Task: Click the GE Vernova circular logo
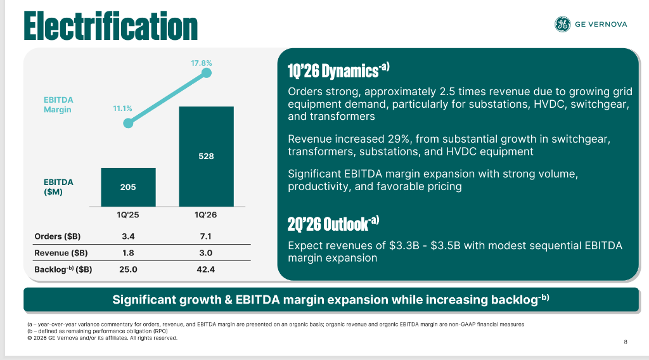562,25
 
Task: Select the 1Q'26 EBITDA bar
206,156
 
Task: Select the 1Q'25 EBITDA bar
128,187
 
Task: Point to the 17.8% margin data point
206,74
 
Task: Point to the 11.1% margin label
122,108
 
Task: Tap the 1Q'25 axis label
128,215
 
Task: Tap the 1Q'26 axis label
206,215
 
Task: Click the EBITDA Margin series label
58,105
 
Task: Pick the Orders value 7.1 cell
206,236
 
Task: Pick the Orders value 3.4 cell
128,236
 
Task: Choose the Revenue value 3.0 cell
206,253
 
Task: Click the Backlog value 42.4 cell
206,269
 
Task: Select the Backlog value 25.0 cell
128,269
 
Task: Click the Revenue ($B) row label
61,253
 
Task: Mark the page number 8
626,342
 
